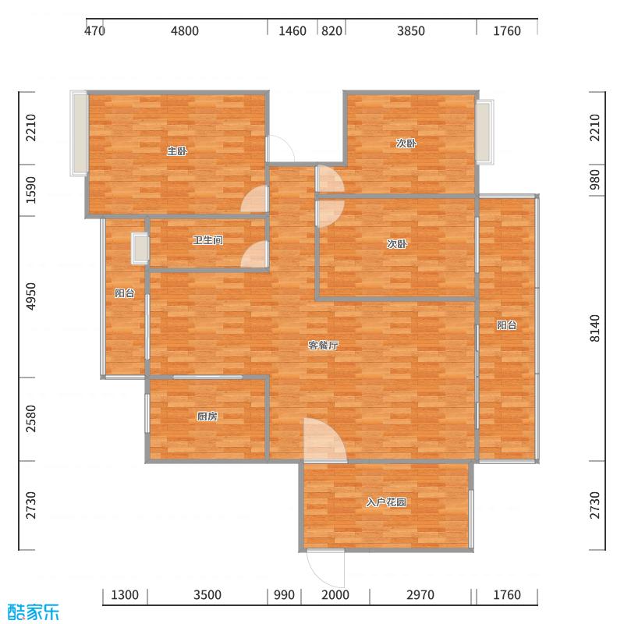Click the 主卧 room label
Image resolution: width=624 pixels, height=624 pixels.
[x=176, y=151]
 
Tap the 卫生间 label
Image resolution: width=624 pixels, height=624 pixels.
[x=207, y=240]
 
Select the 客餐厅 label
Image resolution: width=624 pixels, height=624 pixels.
[x=322, y=346]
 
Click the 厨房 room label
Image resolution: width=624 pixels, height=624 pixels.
[x=207, y=417]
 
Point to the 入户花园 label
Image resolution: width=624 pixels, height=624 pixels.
[x=386, y=502]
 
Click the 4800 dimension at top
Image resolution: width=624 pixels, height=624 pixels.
[x=185, y=31]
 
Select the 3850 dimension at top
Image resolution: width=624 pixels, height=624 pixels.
[x=410, y=31]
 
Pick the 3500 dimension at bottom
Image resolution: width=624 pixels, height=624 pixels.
[x=207, y=595]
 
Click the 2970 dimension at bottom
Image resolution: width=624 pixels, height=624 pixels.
[x=421, y=595]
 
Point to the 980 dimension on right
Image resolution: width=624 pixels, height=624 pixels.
[x=595, y=180]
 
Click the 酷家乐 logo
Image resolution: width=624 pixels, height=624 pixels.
[x=33, y=612]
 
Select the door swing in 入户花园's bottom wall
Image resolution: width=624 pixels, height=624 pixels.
[x=326, y=568]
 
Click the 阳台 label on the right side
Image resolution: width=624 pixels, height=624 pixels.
[x=507, y=325]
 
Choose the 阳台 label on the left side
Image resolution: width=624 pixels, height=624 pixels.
[x=125, y=293]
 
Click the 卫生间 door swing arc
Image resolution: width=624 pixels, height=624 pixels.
[x=255, y=255]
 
